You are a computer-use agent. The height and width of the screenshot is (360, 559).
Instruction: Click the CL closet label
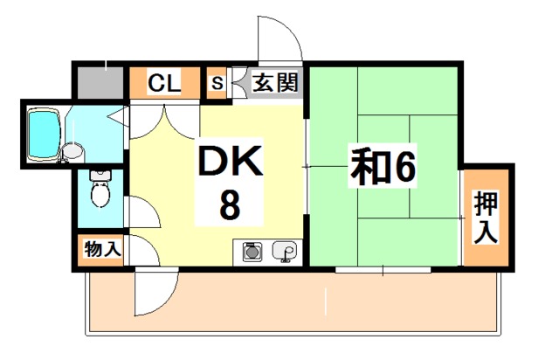(x=164, y=83)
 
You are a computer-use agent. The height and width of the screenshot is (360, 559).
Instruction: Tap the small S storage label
(x=217, y=83)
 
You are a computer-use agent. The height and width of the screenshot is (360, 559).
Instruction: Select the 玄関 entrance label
(x=275, y=82)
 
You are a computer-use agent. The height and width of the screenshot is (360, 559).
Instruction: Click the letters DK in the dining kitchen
(x=230, y=162)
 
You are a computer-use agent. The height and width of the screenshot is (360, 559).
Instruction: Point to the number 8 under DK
(x=230, y=204)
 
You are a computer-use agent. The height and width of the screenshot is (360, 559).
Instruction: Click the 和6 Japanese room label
(x=383, y=167)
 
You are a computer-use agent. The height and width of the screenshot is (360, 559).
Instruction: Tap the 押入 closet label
(x=486, y=218)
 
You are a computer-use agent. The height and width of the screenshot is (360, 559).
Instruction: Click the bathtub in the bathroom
(x=44, y=134)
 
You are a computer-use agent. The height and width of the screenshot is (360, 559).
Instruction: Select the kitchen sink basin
(x=284, y=251)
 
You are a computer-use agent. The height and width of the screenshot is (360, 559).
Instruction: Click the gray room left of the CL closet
(x=100, y=83)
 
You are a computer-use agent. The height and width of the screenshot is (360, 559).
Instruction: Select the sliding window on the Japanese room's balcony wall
(x=383, y=270)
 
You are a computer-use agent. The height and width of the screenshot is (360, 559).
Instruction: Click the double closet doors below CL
(x=165, y=121)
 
